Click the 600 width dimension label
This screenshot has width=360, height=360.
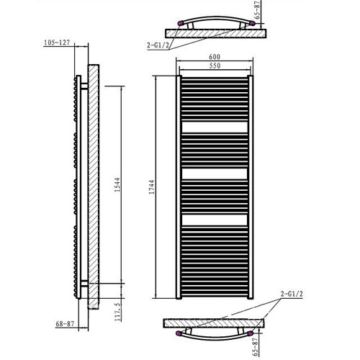215,57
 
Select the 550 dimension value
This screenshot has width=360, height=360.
215,66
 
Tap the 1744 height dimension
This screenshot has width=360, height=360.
151,187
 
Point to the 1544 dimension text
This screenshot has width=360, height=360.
117,184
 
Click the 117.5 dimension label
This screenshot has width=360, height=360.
119,312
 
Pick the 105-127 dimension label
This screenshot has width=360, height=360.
57,42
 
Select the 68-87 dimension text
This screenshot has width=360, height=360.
65,324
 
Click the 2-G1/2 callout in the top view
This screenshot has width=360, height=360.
158,45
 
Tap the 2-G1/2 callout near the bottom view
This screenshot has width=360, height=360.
292,294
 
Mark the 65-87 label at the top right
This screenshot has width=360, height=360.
257,11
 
